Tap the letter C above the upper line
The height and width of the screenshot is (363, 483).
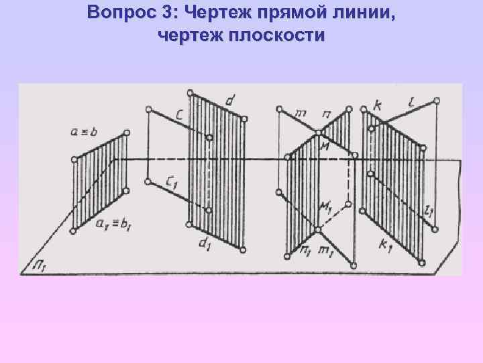click(180, 116)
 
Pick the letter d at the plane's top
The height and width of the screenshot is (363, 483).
click(230, 102)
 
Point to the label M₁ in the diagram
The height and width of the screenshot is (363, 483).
click(326, 206)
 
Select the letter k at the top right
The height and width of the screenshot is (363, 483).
click(379, 106)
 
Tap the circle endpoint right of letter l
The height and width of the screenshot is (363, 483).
click(437, 101)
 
